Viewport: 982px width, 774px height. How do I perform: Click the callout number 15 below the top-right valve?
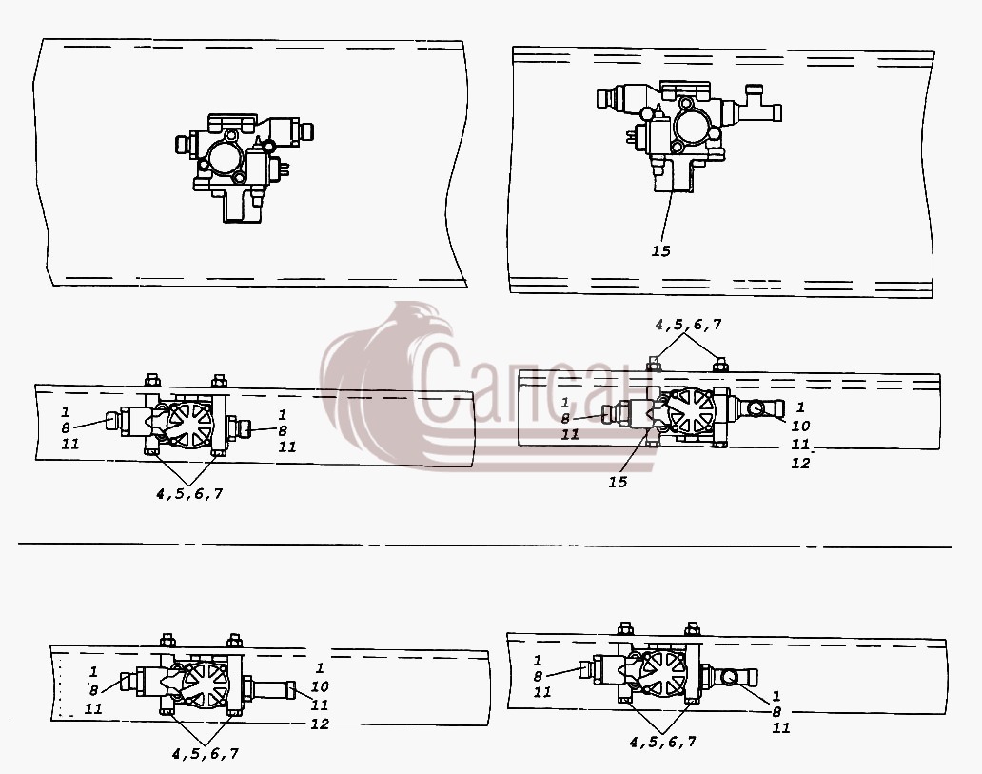pos(660,251)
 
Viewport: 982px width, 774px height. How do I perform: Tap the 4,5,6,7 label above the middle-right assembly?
pos(688,325)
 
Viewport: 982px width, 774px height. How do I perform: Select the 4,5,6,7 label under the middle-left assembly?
pos(189,494)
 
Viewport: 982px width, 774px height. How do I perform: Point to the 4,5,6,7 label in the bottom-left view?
pos(206,754)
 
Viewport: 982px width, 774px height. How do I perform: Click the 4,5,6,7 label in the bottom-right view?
pos(662,742)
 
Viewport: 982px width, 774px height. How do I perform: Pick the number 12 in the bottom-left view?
pos(320,724)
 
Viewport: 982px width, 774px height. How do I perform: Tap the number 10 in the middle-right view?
pos(800,427)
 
